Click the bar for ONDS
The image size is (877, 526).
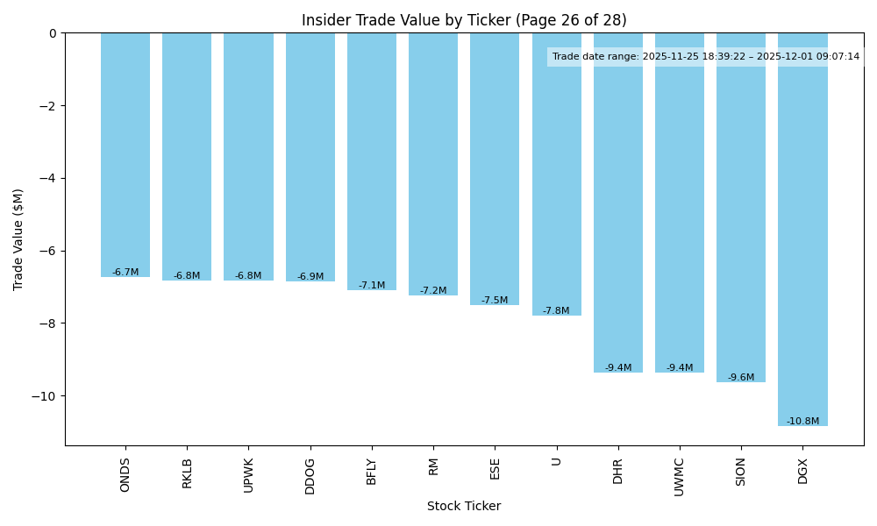(x=125, y=155)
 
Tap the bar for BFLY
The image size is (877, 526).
(x=372, y=161)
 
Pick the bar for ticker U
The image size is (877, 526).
(x=556, y=174)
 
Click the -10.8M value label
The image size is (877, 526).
(x=802, y=422)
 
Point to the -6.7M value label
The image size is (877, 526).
(x=125, y=273)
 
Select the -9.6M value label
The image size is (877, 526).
(x=741, y=378)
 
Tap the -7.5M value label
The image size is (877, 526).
(x=495, y=301)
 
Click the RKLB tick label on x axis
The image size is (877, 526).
(x=187, y=473)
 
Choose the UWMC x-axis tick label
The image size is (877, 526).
(x=680, y=476)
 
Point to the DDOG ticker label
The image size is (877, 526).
(x=310, y=475)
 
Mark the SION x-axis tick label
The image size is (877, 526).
(x=741, y=473)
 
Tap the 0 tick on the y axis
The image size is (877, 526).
(x=53, y=33)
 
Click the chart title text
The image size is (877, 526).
(x=464, y=20)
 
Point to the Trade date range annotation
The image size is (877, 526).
(x=706, y=57)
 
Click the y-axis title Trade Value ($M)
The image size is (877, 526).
(x=18, y=239)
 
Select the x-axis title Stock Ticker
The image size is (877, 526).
(x=464, y=507)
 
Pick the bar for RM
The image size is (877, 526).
(x=433, y=164)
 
